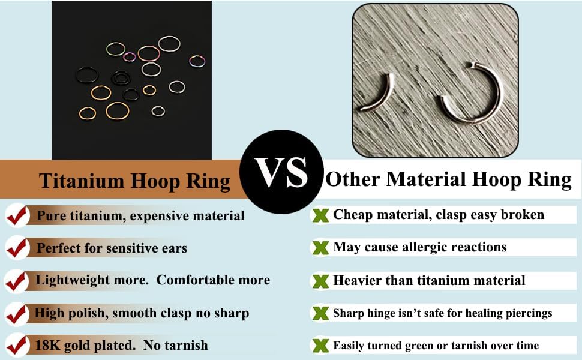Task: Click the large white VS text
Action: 281,173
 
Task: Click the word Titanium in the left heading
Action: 81,181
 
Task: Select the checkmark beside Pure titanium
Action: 17,215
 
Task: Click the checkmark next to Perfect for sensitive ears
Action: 17,248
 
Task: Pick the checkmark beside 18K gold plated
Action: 17,346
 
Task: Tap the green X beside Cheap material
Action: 320,215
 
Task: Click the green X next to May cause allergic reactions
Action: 320,248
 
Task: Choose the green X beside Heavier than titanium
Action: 320,281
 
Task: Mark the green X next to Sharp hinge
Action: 320,314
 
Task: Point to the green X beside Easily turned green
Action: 320,346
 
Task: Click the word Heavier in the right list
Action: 358,281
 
